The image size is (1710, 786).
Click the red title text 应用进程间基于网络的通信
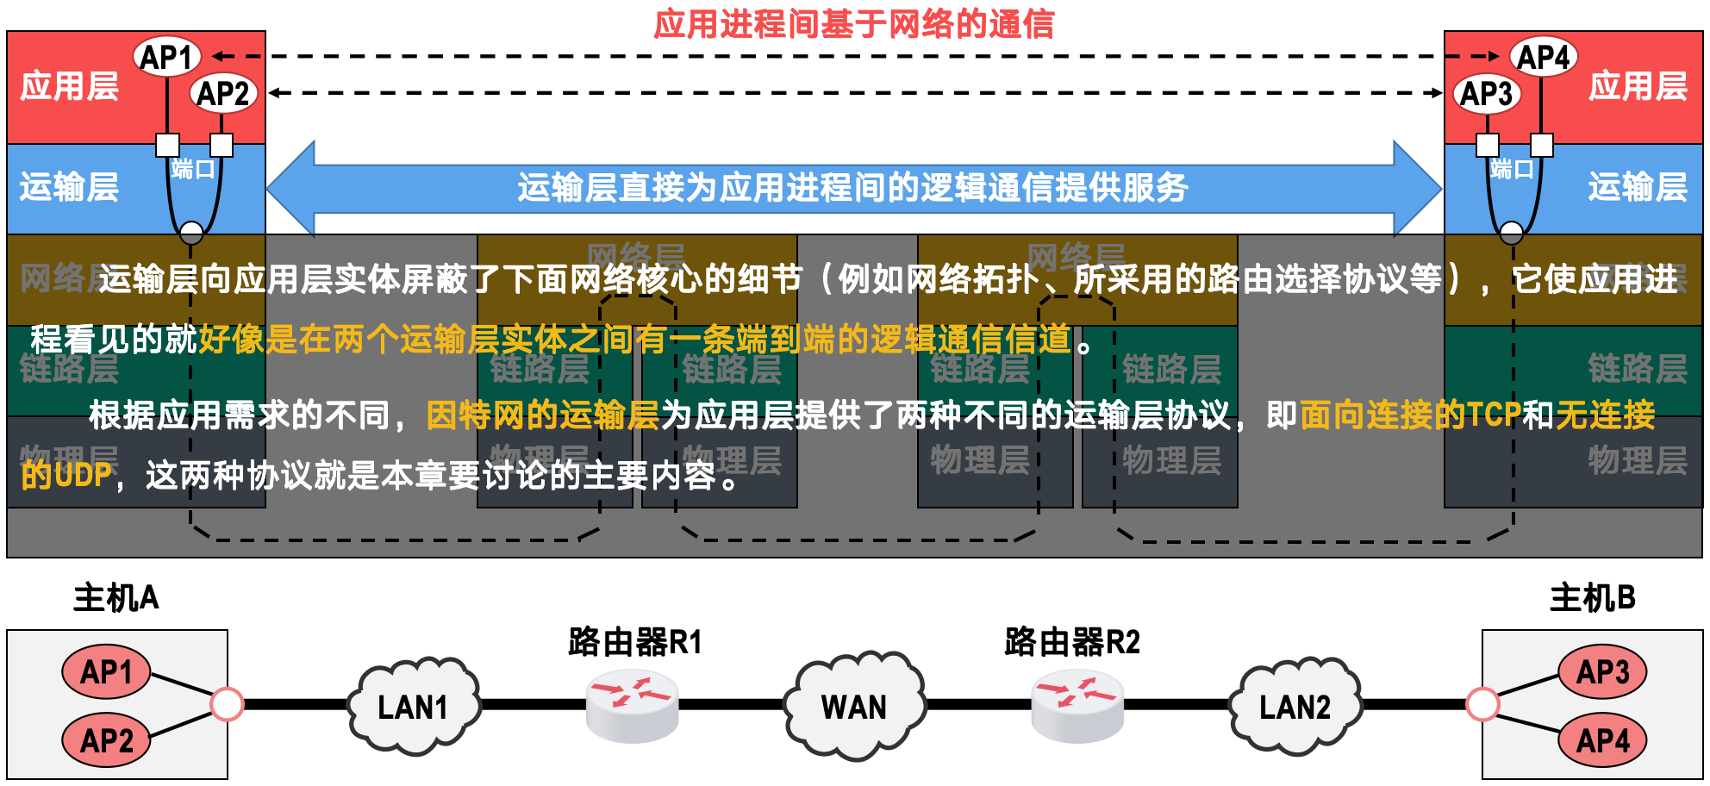coord(853,23)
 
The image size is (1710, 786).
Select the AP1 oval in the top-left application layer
coord(167,57)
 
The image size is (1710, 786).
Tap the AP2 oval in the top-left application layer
coord(223,93)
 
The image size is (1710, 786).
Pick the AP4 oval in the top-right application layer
coord(1543,57)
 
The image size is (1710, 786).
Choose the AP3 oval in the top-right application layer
coord(1486,93)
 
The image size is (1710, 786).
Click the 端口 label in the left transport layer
coord(192,169)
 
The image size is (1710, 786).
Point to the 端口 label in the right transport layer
coord(1512,169)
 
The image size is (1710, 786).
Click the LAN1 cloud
coord(413,707)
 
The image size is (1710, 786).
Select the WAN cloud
coord(854,707)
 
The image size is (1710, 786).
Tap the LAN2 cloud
coord(1295,707)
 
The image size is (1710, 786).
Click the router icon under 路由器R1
coord(633,705)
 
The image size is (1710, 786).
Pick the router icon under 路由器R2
coord(1077,705)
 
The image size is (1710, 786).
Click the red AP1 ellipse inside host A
coord(106,671)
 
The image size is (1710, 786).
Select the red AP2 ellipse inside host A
coord(106,740)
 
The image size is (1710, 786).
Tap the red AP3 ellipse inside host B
coord(1602,671)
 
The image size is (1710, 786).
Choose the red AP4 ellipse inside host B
coord(1602,740)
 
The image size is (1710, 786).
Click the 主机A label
coord(116,597)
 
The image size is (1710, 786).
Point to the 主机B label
coord(1592,597)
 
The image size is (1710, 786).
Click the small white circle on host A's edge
coord(227,704)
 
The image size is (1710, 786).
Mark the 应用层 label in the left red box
coord(69,86)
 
